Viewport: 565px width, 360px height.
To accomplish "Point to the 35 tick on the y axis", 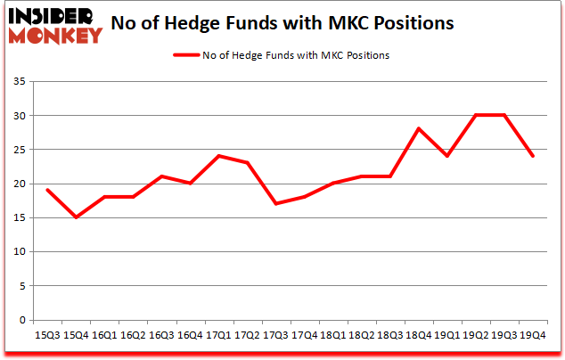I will coord(20,82).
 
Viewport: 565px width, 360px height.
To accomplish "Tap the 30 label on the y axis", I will coord(20,116).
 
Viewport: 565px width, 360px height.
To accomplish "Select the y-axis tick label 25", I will coord(20,150).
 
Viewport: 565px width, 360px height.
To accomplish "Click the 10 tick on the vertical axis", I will coord(20,252).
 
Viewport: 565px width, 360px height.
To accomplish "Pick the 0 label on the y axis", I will coord(24,320).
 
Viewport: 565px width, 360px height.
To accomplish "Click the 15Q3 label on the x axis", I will coord(48,336).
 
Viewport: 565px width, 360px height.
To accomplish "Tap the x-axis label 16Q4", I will coord(188,336).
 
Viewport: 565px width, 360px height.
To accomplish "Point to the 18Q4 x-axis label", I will coord(418,336).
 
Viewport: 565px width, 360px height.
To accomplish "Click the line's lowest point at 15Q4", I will coord(77,217).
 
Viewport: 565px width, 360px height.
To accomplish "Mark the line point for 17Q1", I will coord(217,156).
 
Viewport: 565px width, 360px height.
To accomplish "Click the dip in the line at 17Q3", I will coord(278,204).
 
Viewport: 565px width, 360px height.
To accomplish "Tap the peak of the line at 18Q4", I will coord(418,129).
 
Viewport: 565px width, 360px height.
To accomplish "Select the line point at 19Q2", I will coord(475,115).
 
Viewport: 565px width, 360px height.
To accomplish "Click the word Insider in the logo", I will coord(48,17).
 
